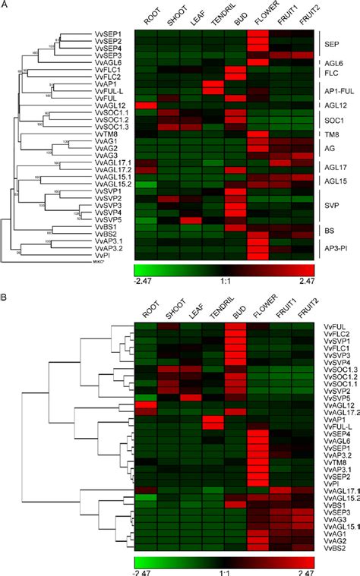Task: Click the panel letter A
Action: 6,6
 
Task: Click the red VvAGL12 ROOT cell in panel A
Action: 146,105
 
